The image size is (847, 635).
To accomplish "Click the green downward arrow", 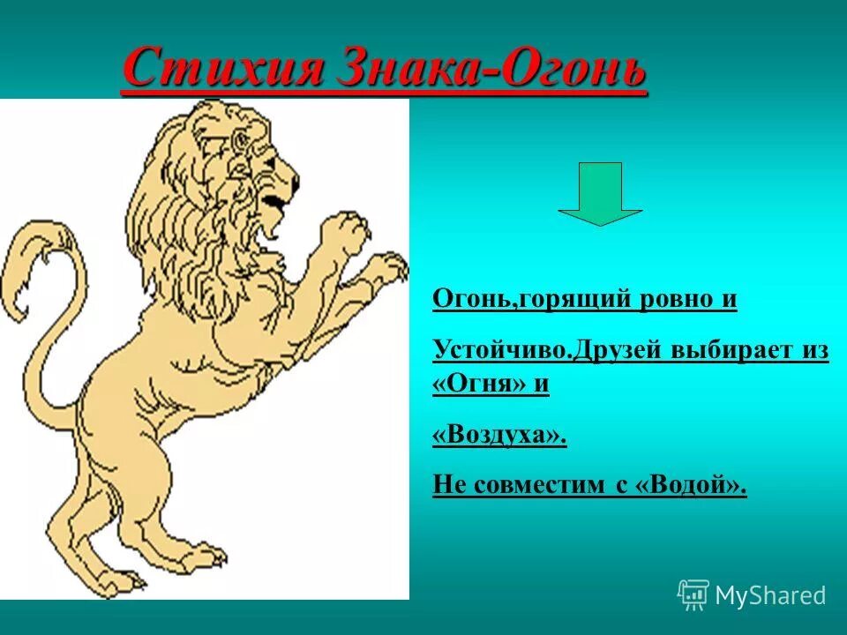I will point(600,193).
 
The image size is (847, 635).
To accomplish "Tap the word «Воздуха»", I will point(499,436).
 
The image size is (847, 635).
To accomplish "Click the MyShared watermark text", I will point(770,595).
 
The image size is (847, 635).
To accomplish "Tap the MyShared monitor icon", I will point(693,594).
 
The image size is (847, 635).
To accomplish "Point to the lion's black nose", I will point(293,188).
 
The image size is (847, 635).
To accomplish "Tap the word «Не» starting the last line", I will point(448,485).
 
